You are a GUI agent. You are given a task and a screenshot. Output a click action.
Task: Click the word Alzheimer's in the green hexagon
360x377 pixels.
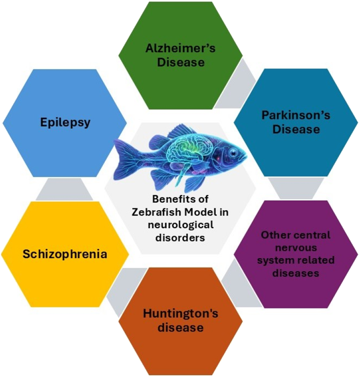pyautogui.click(x=180, y=49)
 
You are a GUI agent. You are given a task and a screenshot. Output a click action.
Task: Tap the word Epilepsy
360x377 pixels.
pyautogui.click(x=65, y=123)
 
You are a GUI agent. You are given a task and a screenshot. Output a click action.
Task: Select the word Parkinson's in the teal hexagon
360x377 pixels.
pyautogui.click(x=296, y=115)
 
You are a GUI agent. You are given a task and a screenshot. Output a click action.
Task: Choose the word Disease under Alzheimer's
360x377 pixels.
pyautogui.click(x=180, y=62)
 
